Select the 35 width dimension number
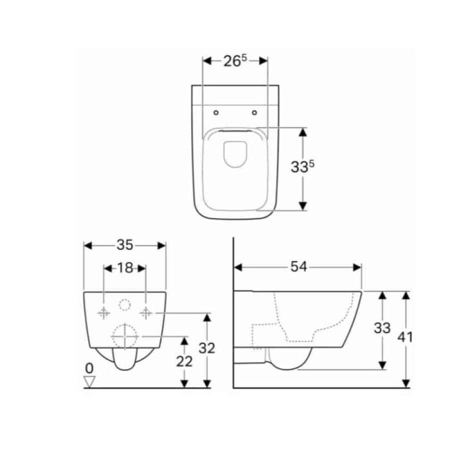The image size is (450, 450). point(125,245)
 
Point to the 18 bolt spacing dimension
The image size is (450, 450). point(125,268)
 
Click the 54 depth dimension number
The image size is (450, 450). point(297,266)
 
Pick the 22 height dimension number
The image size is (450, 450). point(184,361)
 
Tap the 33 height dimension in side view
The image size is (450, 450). point(382,328)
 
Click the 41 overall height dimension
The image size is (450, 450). point(406,337)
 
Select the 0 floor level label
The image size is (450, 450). point(90,368)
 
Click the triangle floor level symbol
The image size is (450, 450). point(90,382)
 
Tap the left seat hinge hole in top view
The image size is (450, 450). point(216,113)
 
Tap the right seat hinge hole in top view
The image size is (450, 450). point(255,113)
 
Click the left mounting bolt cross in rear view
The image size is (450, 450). point(104,312)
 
